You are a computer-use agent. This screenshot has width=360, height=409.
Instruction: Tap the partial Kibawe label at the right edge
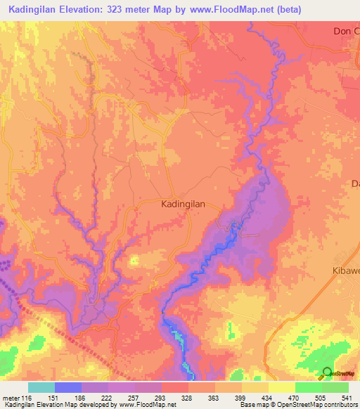coord(345,271)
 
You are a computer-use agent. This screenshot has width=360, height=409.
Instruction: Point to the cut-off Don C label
coord(345,32)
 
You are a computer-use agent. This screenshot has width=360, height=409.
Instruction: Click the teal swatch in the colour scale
coord(41,387)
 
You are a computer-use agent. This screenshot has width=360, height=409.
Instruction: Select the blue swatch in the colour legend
coord(68,387)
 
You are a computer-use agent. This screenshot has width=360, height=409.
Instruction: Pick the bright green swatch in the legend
coord(308,387)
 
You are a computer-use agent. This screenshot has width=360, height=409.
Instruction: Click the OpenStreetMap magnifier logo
coord(328,372)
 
